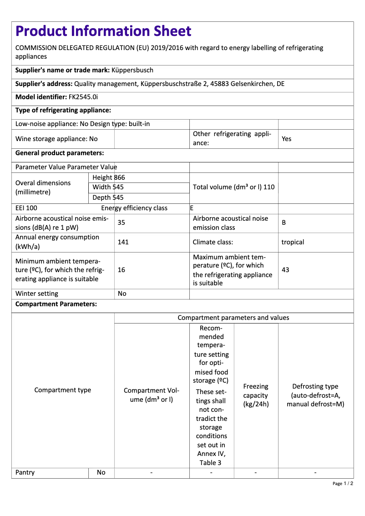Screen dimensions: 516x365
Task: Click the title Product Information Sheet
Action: pyautogui.click(x=103, y=31)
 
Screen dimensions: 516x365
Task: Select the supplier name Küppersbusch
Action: pyautogui.click(x=132, y=70)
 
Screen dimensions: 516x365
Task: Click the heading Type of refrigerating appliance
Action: pyautogui.click(x=63, y=111)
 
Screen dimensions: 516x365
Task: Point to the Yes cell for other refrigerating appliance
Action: pyautogui.click(x=286, y=139)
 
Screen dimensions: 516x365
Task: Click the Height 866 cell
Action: pyautogui.click(x=108, y=177)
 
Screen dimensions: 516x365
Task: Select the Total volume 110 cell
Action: pyautogui.click(x=233, y=187)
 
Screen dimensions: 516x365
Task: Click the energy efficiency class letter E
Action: pyautogui.click(x=192, y=208)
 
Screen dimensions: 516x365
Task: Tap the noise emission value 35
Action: pyautogui.click(x=122, y=223)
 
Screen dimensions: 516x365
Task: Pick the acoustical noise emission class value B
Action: pyautogui.click(x=284, y=223)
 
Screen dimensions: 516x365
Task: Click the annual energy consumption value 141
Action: pyautogui.click(x=123, y=242)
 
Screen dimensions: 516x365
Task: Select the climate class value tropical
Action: pyautogui.click(x=293, y=242)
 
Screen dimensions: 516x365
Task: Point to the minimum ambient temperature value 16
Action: pyautogui.click(x=122, y=270)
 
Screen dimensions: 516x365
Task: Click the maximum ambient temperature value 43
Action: pyautogui.click(x=285, y=270)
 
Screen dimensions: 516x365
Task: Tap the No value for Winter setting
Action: pyautogui.click(x=122, y=293)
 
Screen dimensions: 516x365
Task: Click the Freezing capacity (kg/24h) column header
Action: pyautogui.click(x=256, y=395)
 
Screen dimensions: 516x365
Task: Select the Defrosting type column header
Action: pyautogui.click(x=315, y=395)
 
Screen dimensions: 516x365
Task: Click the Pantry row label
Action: pyautogui.click(x=25, y=472)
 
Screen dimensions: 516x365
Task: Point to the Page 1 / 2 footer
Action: pyautogui.click(x=343, y=483)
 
